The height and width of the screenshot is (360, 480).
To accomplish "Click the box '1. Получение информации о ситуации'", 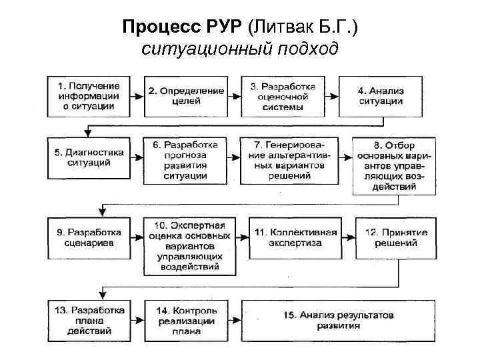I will click(89, 96).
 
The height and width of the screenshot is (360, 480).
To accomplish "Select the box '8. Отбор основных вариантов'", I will click(394, 165).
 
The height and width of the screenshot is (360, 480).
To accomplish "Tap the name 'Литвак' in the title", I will click(283, 27).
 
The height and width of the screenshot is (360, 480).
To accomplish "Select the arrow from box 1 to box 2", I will click(137, 96).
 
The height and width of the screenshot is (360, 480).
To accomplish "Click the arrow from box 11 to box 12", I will click(348, 237).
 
